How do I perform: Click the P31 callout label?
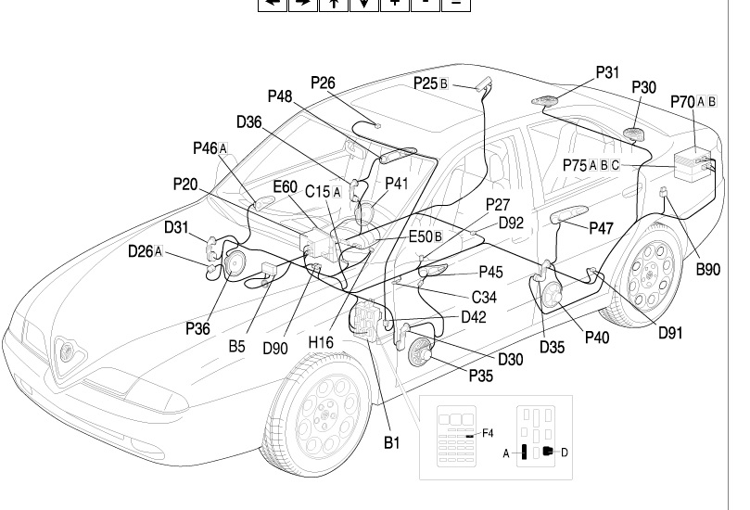[607, 71]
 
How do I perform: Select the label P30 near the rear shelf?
[643, 87]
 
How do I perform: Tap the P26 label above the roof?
[323, 83]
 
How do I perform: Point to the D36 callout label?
[249, 121]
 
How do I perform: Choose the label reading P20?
[185, 184]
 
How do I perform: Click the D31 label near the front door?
[176, 227]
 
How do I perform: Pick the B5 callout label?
[236, 347]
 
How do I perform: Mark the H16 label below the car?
[321, 343]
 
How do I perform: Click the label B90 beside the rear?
[708, 271]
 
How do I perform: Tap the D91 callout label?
[670, 333]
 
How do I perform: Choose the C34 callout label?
[485, 297]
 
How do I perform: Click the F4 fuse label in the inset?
[488, 433]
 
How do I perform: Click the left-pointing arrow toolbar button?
[272, 4]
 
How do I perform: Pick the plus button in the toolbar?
[394, 4]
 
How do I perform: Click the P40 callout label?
[597, 338]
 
